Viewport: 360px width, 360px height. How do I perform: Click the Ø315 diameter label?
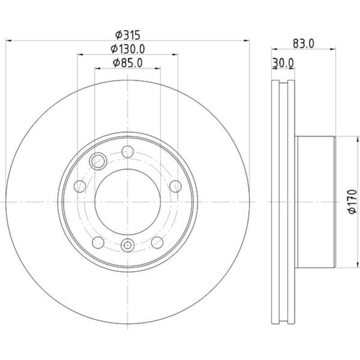point(128,35)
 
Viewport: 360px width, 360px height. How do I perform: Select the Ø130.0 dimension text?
point(128,49)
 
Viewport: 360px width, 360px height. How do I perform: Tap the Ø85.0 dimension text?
point(128,62)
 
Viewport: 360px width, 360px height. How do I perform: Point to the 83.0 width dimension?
point(304,44)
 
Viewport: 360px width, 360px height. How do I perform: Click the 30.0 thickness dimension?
point(283,63)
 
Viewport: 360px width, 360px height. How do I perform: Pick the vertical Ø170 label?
point(352,202)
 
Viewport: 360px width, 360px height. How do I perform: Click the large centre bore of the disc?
point(128,202)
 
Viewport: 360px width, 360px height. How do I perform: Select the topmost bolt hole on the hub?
point(128,152)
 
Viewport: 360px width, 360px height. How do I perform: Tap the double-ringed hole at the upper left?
point(98,161)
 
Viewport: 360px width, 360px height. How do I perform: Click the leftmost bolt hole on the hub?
point(80,186)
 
